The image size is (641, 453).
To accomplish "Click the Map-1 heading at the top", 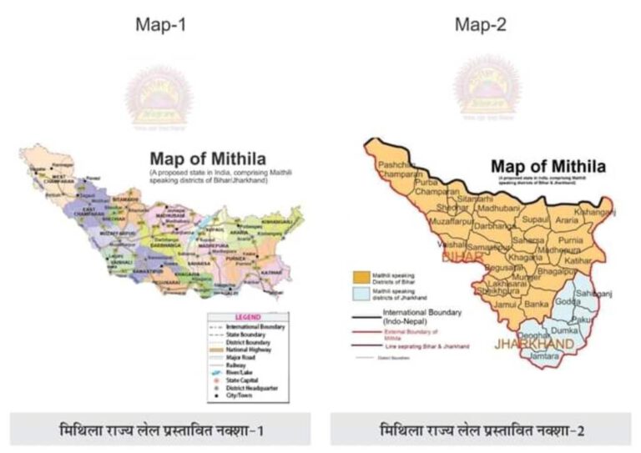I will pyautogui.click(x=160, y=25).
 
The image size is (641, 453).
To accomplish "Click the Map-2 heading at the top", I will pyautogui.click(x=480, y=25).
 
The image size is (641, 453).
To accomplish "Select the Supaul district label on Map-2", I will pyautogui.click(x=535, y=220).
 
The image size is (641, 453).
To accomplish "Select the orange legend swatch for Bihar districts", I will pyautogui.click(x=361, y=275).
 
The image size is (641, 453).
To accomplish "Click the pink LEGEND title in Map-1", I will pyautogui.click(x=248, y=317).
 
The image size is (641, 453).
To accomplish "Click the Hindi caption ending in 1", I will pyautogui.click(x=159, y=430).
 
